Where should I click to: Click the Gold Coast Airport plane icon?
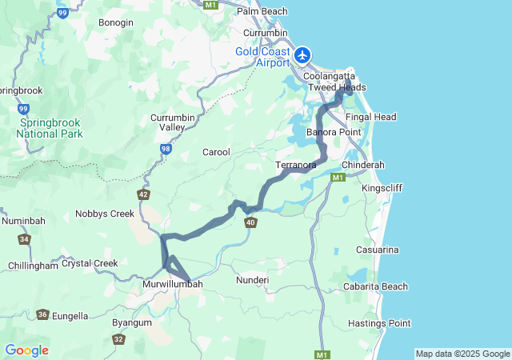coord(302,55)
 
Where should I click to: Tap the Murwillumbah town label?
coord(172,284)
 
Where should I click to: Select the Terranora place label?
coord(296,165)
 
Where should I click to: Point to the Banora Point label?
coord(334,132)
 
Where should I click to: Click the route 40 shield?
coord(251,222)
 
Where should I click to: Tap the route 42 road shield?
coord(143,194)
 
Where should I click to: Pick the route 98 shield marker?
coord(166,149)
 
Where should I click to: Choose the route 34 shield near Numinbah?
coord(25,239)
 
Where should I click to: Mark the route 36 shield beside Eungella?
coord(42,315)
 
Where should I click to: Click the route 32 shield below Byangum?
coord(118,339)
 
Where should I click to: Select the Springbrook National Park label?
coord(49,128)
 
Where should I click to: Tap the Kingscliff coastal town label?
coord(382,187)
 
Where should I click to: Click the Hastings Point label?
coord(379,323)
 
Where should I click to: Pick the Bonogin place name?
coord(116,22)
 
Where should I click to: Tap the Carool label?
coord(216,152)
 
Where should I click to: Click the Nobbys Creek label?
coord(105,214)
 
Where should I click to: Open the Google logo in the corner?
coord(26,350)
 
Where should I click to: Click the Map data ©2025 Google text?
coord(462,354)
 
